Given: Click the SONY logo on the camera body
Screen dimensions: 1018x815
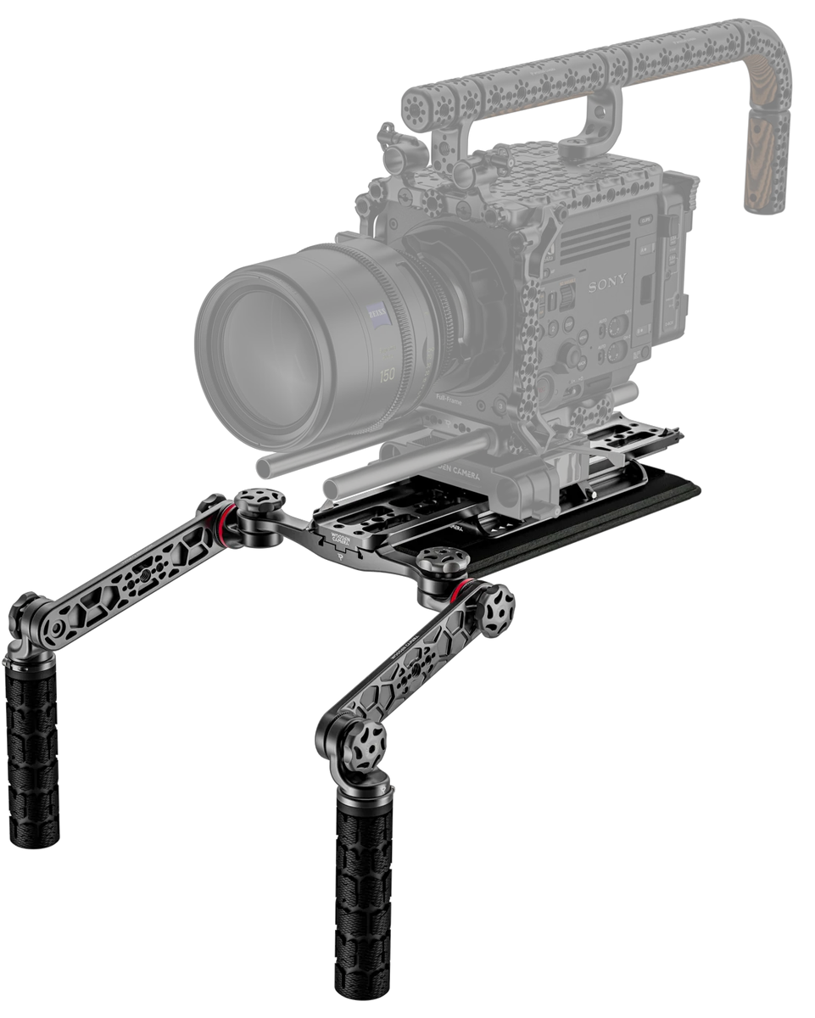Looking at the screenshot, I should pyautogui.click(x=608, y=281).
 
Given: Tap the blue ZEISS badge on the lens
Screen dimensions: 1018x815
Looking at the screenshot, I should pyautogui.click(x=378, y=316).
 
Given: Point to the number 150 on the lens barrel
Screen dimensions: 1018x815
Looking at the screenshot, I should pyautogui.click(x=387, y=374).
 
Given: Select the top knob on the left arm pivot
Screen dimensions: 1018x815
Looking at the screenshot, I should pyautogui.click(x=260, y=503).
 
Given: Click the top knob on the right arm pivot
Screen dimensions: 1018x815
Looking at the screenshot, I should pyautogui.click(x=443, y=561).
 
